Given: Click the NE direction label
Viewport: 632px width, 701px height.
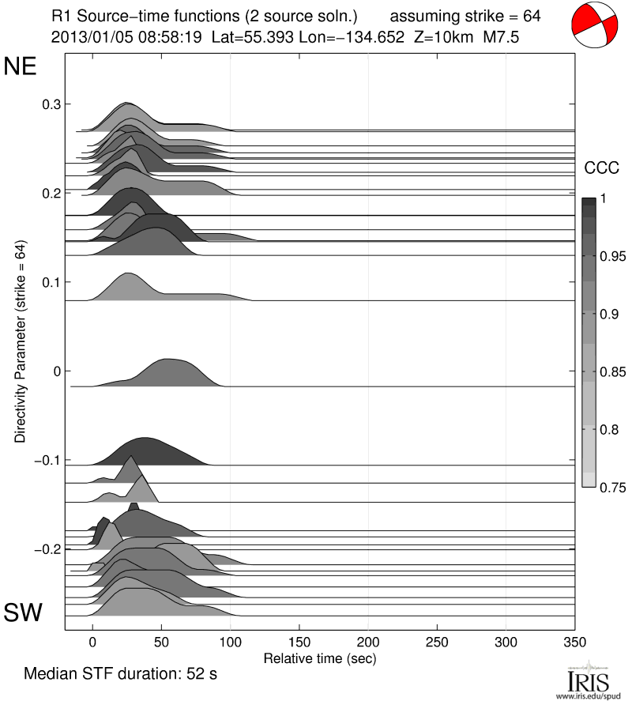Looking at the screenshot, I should pos(21,66).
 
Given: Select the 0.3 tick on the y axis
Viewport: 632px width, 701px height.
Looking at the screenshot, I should pos(51,104).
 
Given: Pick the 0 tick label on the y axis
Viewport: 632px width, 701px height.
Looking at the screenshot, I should pos(56,371).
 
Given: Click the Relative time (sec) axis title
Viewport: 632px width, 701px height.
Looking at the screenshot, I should pos(320,658).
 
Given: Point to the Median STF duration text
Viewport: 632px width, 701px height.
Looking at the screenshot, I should pos(120,674).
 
